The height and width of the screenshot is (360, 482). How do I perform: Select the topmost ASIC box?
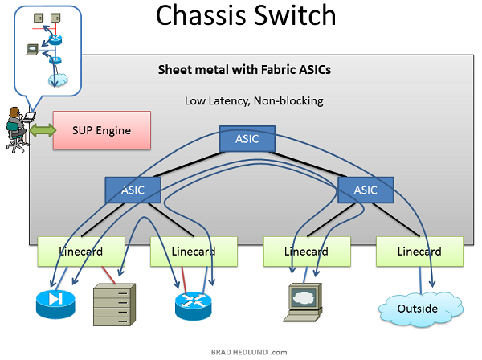click(247, 138)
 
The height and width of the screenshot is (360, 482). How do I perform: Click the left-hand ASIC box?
click(133, 190)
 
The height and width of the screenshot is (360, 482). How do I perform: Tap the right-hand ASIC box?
click(365, 190)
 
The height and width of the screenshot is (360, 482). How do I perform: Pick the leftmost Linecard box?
click(82, 252)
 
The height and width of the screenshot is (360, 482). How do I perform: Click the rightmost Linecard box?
click(419, 252)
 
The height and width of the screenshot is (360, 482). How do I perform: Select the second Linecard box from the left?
click(194, 252)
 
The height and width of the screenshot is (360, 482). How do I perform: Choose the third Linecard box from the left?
click(306, 252)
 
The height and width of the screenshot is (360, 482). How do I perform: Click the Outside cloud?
click(419, 307)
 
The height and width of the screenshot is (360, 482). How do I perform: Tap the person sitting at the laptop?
click(16, 129)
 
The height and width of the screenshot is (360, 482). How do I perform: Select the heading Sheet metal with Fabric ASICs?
click(244, 70)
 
